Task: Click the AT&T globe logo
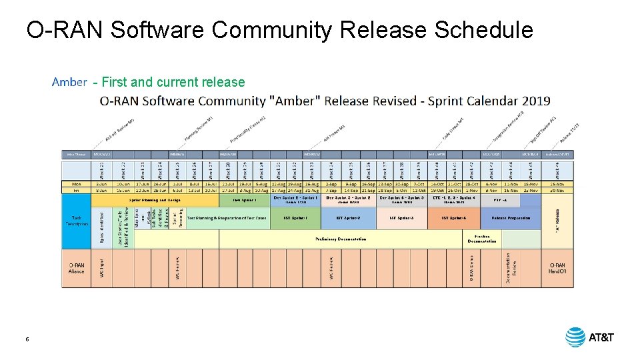coord(575,337)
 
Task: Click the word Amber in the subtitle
coord(69,82)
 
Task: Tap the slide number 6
coord(27,339)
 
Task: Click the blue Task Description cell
coord(76,220)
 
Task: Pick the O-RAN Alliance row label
coord(76,268)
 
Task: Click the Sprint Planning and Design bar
coord(155,199)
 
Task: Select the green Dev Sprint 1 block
coord(244,199)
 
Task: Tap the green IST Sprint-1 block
coord(295,218)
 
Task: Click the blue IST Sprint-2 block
coord(347,218)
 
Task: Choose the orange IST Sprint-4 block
coord(453,218)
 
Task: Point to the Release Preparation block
coord(511,218)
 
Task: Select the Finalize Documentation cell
coord(482,239)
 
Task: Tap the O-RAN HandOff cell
coord(557,268)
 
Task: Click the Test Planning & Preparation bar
coord(227,218)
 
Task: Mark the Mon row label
coord(76,183)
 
